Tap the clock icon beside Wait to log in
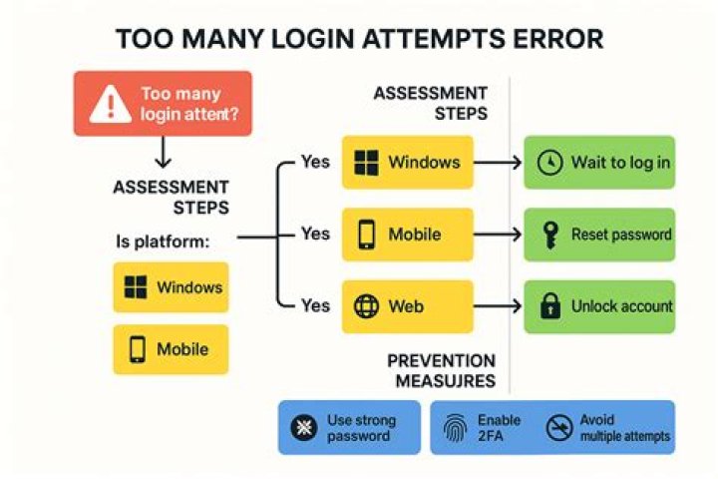(x=548, y=162)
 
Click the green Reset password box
(x=599, y=235)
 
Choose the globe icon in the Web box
(x=366, y=306)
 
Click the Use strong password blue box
(x=348, y=428)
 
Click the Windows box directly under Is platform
(x=171, y=288)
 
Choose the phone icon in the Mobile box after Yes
(x=366, y=235)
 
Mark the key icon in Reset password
(x=548, y=235)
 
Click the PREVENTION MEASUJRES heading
(x=441, y=370)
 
